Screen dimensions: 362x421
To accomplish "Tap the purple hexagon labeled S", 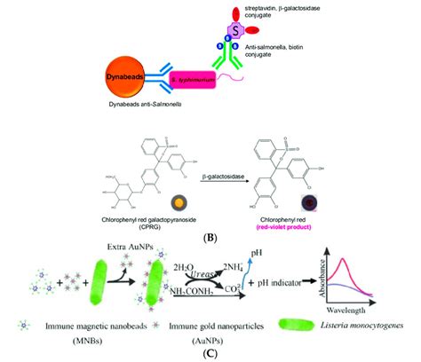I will click(234, 31).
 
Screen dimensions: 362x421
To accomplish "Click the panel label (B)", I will click(210, 239).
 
